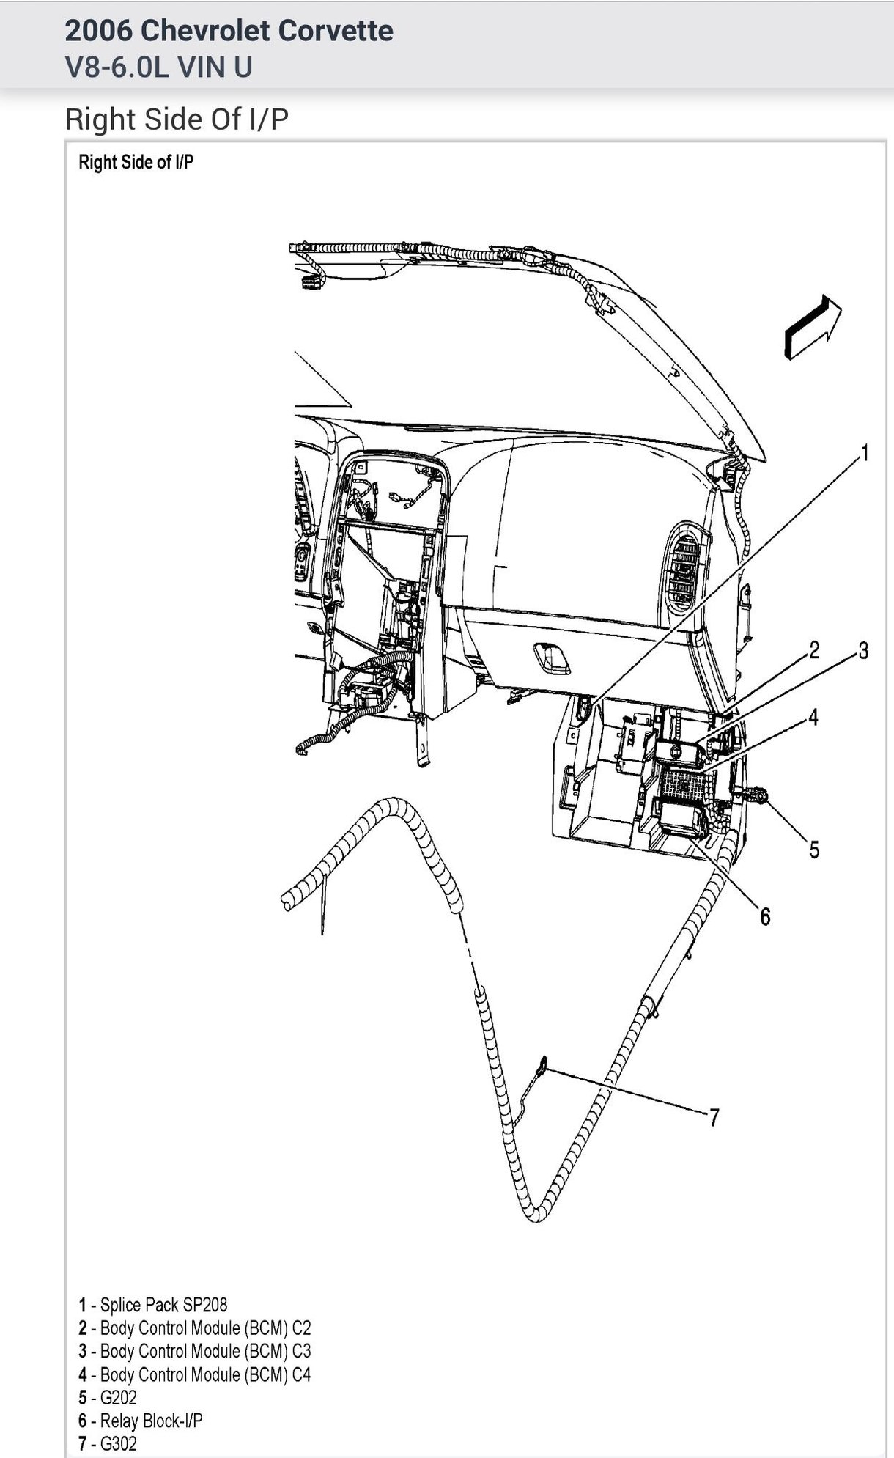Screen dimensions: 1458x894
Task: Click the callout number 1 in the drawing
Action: (x=864, y=454)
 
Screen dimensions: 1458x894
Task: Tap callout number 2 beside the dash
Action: (x=813, y=649)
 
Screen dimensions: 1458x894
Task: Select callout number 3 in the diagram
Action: (x=863, y=650)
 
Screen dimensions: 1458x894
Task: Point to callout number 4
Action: (x=813, y=717)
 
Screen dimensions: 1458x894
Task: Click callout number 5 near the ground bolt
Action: (x=814, y=850)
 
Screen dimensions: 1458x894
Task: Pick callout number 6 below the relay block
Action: (x=764, y=916)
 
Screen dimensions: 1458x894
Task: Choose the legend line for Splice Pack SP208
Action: (x=153, y=1304)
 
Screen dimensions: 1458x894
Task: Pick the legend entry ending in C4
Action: (x=195, y=1374)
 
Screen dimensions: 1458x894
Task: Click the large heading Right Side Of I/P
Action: (x=177, y=119)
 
